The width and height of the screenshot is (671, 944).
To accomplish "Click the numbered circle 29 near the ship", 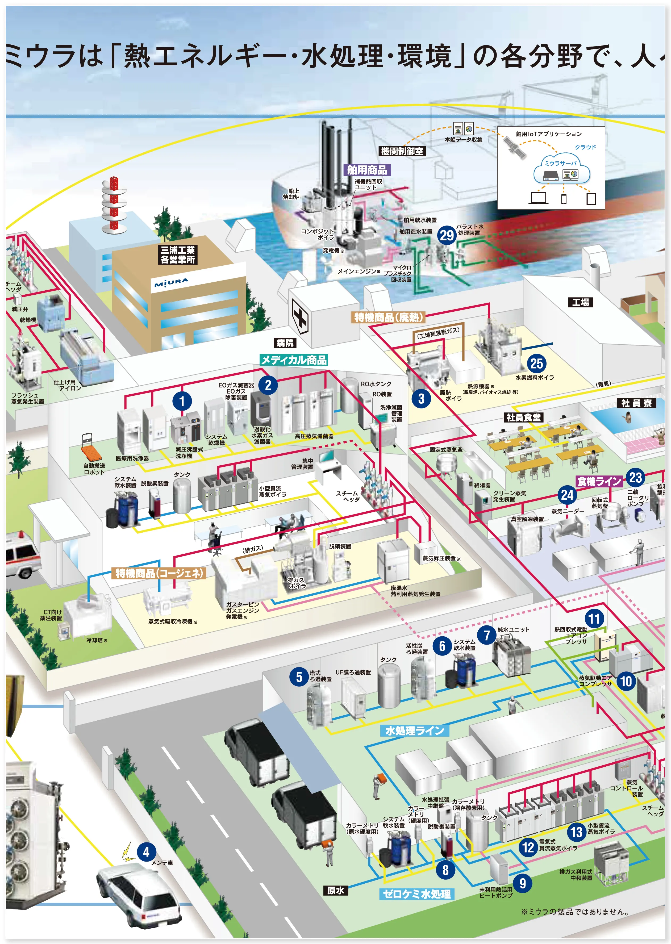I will [447, 235].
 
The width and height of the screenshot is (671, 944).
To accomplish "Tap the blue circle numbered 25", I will [536, 364].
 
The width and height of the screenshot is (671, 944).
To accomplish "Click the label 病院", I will [285, 342].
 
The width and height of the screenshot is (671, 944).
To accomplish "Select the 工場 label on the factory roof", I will [580, 302].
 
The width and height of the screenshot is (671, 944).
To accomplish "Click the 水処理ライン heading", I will [414, 731].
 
